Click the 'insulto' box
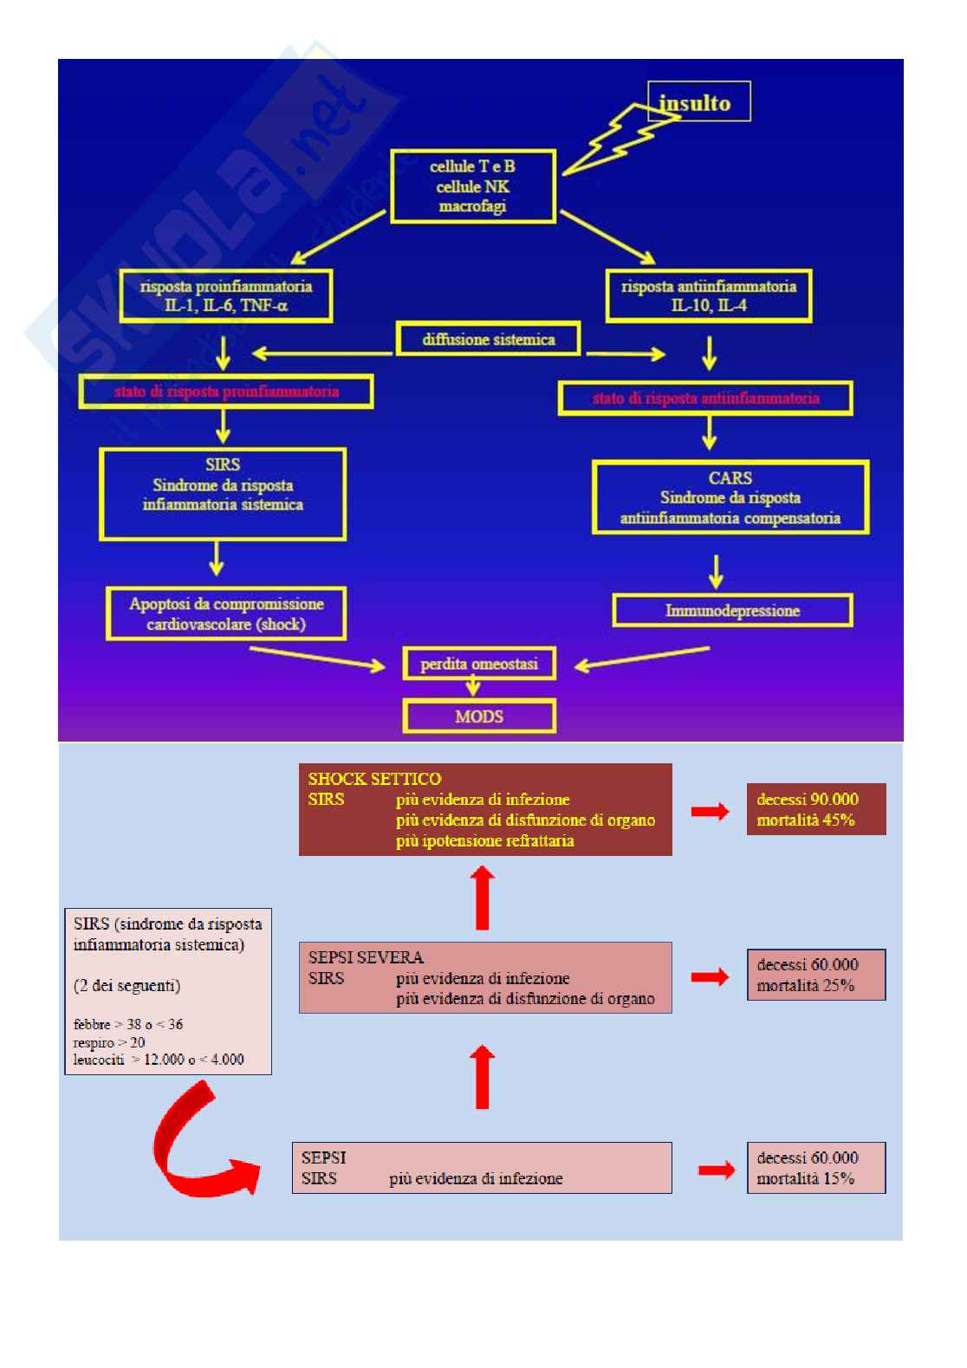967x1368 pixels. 700,102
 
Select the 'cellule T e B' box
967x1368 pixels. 471,185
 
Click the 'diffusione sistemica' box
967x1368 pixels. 488,339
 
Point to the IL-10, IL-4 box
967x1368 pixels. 709,296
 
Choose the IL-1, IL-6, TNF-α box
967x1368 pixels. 225,296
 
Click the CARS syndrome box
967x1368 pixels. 730,498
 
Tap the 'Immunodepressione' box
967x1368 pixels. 732,610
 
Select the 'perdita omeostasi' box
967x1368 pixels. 479,665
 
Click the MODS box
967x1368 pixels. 479,716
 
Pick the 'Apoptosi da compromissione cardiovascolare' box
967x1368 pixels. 226,613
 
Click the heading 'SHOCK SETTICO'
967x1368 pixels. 374,779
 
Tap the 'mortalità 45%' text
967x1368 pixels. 806,820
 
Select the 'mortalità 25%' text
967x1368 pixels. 806,985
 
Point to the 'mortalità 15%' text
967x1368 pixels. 806,1178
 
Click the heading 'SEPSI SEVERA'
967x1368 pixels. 366,957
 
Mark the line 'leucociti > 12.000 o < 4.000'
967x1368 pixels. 159,1059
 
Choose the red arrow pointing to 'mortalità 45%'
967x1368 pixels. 710,812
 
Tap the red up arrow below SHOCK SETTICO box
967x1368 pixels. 483,898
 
